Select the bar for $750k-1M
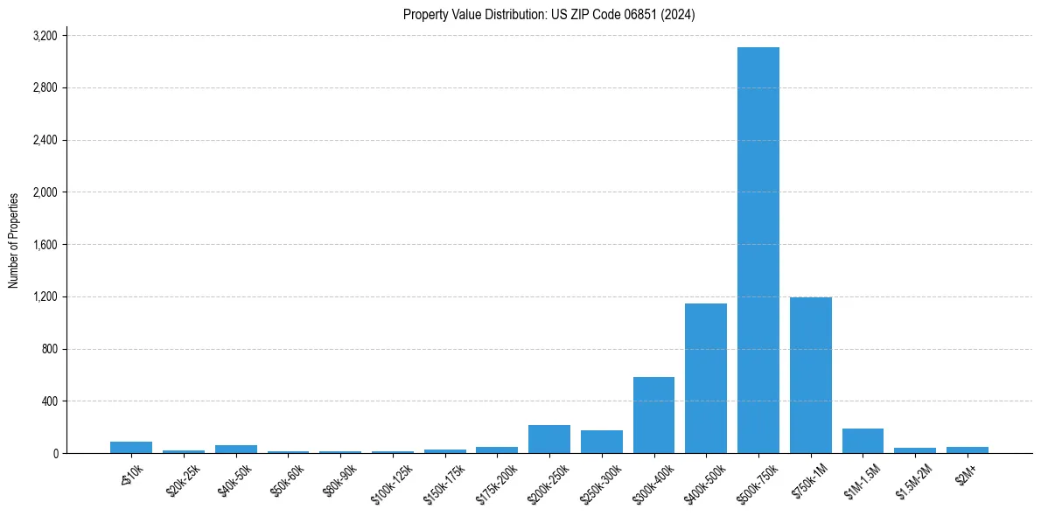810,375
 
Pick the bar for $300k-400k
653,415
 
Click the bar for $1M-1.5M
863,441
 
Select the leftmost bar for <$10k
130,447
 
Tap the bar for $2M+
967,450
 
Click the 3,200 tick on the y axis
45,36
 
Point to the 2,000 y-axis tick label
45,192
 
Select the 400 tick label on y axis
49,401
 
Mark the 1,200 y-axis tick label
45,296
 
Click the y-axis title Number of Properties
14,241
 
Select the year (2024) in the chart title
678,15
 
